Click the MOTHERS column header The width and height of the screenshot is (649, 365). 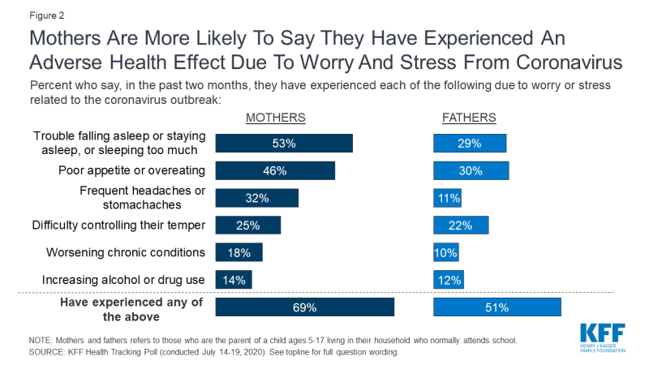[x=276, y=118]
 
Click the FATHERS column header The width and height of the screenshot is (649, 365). [x=469, y=118]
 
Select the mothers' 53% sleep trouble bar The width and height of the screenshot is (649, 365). [x=283, y=144]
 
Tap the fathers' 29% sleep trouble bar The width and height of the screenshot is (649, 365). [x=470, y=144]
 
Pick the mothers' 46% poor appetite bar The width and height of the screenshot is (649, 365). [x=274, y=170]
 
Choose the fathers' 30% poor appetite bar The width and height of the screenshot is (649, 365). [x=471, y=170]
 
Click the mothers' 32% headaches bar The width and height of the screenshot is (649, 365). [x=256, y=198]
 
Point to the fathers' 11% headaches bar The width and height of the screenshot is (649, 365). [x=448, y=198]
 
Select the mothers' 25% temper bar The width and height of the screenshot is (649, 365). [x=247, y=225]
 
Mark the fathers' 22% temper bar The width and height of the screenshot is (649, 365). [x=461, y=225]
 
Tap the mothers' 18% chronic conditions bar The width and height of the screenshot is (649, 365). [x=239, y=252]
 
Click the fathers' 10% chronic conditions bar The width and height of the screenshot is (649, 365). [x=446, y=252]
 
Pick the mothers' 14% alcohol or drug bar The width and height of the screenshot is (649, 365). [x=234, y=280]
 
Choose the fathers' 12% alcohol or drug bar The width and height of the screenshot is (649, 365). [x=449, y=280]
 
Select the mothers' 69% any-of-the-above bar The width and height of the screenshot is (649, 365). [x=304, y=307]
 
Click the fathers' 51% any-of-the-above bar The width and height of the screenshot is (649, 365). [x=497, y=307]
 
